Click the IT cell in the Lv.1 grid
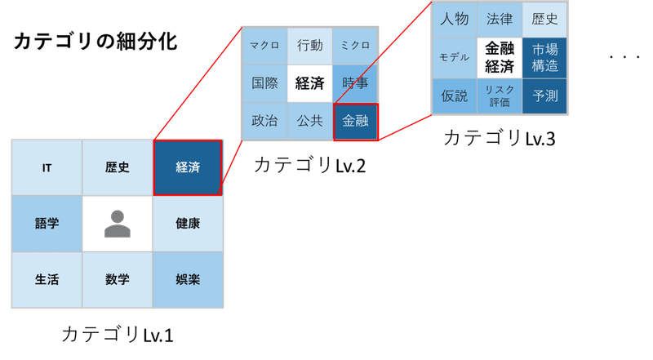click(x=47, y=168)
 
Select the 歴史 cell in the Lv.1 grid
click(x=118, y=168)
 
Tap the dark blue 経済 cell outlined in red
click(x=188, y=168)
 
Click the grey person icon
click(x=118, y=224)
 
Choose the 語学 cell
click(x=47, y=224)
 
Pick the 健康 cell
click(x=188, y=224)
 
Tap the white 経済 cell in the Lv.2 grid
click(x=310, y=82)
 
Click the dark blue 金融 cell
click(x=355, y=121)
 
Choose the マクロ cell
click(x=265, y=45)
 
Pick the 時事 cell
click(x=355, y=82)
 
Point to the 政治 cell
click(x=265, y=121)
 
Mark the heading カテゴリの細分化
click(x=96, y=42)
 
